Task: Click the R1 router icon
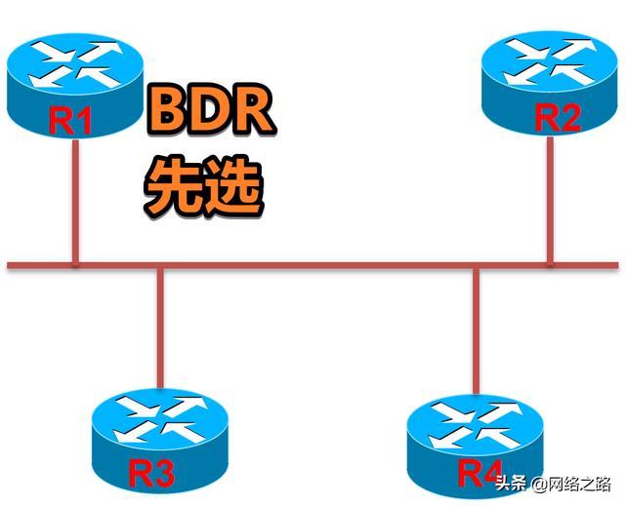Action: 73,83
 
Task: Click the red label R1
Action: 71,123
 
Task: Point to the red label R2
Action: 559,118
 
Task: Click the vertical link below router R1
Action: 74,200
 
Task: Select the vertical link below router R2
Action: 551,200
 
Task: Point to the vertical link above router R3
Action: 160,327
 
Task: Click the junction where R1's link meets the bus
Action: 74,264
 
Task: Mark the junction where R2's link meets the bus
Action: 551,264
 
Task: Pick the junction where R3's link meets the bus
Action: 160,264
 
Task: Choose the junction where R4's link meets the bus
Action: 477,264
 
